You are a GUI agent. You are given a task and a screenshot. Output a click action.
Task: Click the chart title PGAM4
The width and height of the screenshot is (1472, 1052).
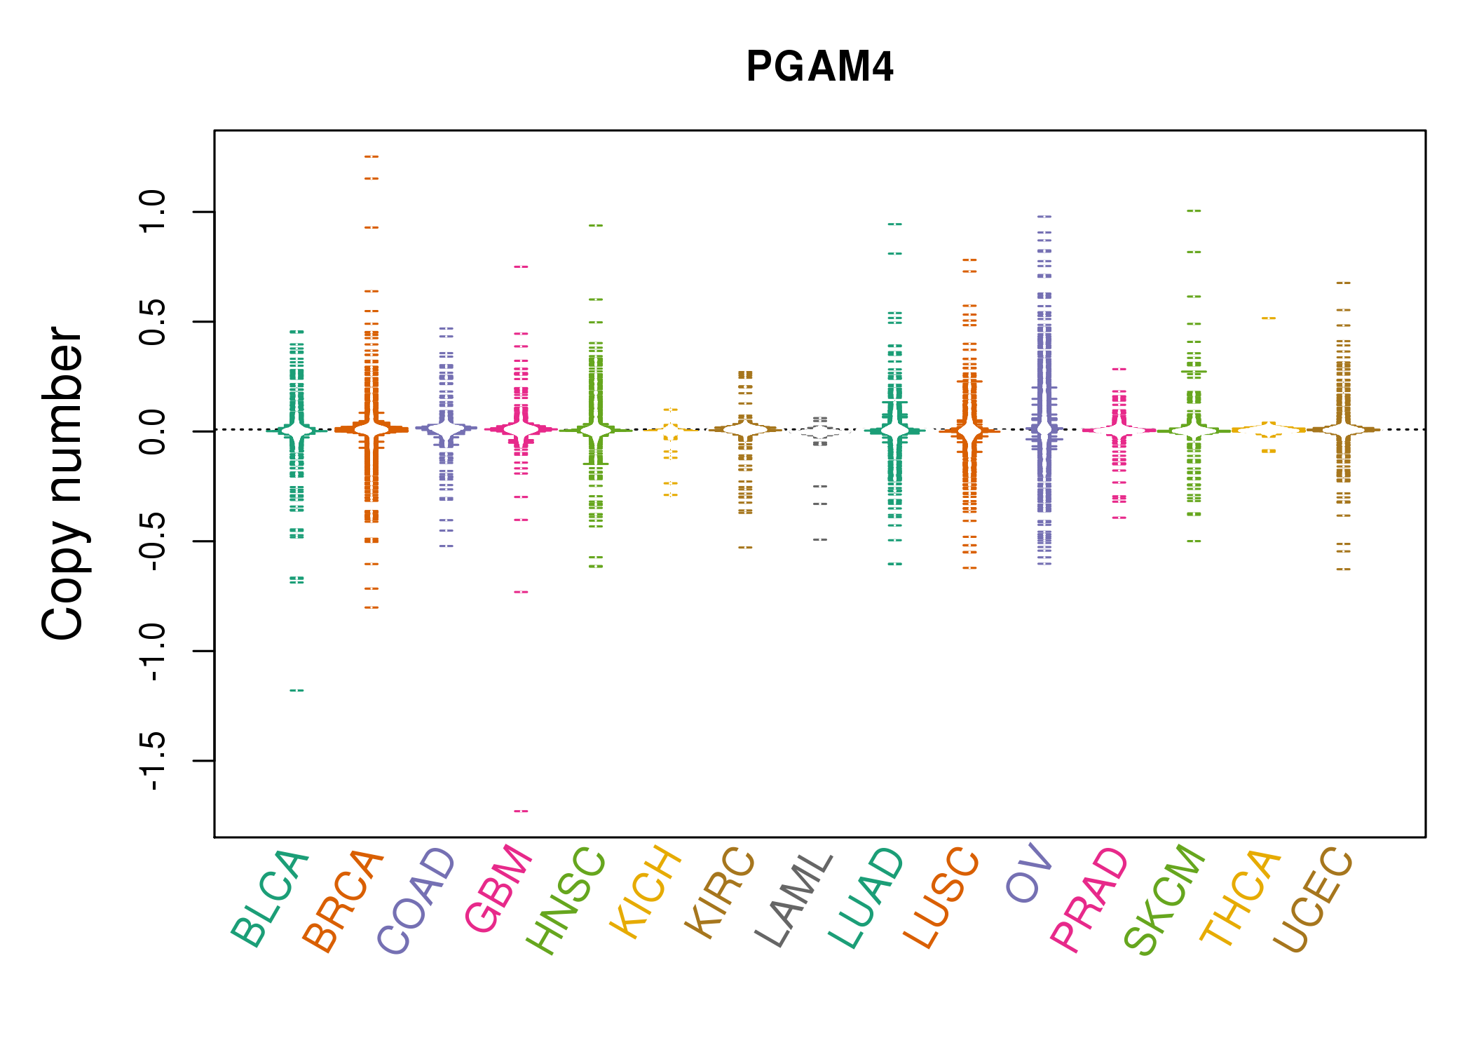(x=819, y=67)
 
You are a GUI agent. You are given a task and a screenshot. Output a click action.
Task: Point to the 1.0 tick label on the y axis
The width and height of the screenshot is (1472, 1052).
(x=152, y=211)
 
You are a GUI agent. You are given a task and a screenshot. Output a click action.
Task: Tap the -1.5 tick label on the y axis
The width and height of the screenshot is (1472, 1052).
(x=152, y=761)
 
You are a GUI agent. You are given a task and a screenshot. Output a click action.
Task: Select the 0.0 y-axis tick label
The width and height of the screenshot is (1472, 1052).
(x=152, y=431)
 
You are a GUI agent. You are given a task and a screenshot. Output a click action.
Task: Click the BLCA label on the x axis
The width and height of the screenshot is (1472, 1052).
(x=270, y=898)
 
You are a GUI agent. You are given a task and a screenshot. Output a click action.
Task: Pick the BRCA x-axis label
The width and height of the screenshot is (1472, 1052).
(x=343, y=901)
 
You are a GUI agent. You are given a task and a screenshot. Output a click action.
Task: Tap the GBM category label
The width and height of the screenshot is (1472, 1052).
(x=499, y=889)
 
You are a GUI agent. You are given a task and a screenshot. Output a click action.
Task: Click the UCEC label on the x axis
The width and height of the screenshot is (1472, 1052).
(x=1312, y=900)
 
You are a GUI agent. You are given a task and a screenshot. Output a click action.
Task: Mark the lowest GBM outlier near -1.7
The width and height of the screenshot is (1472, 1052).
(x=521, y=811)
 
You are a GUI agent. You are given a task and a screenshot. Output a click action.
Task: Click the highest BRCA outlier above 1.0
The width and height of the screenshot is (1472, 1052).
(x=372, y=156)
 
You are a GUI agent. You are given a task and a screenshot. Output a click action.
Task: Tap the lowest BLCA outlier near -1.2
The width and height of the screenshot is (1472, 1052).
(x=297, y=691)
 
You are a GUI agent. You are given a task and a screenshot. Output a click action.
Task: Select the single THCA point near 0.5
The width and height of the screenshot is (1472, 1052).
(x=1269, y=318)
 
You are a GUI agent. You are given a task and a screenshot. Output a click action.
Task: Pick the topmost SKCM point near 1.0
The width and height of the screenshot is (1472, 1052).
(x=1194, y=210)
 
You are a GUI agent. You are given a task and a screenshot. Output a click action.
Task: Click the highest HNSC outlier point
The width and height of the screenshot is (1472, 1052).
(x=596, y=226)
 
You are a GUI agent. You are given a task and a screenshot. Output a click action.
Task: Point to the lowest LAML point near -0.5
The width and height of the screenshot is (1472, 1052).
(x=820, y=540)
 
